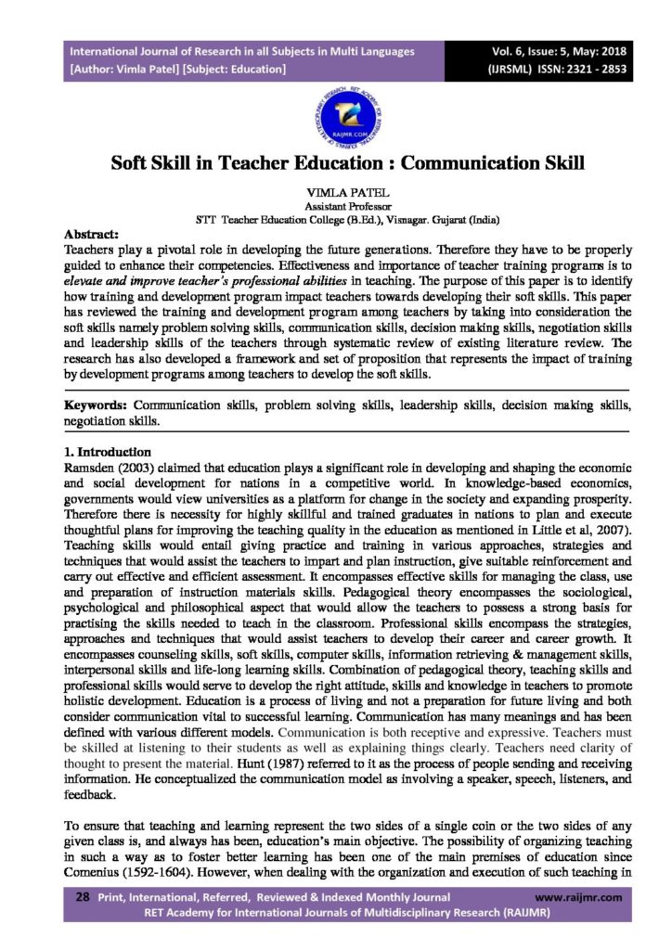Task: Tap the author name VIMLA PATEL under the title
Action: (336, 190)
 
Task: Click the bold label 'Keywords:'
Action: (95, 406)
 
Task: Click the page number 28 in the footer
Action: (81, 897)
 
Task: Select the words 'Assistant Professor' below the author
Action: (336, 205)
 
